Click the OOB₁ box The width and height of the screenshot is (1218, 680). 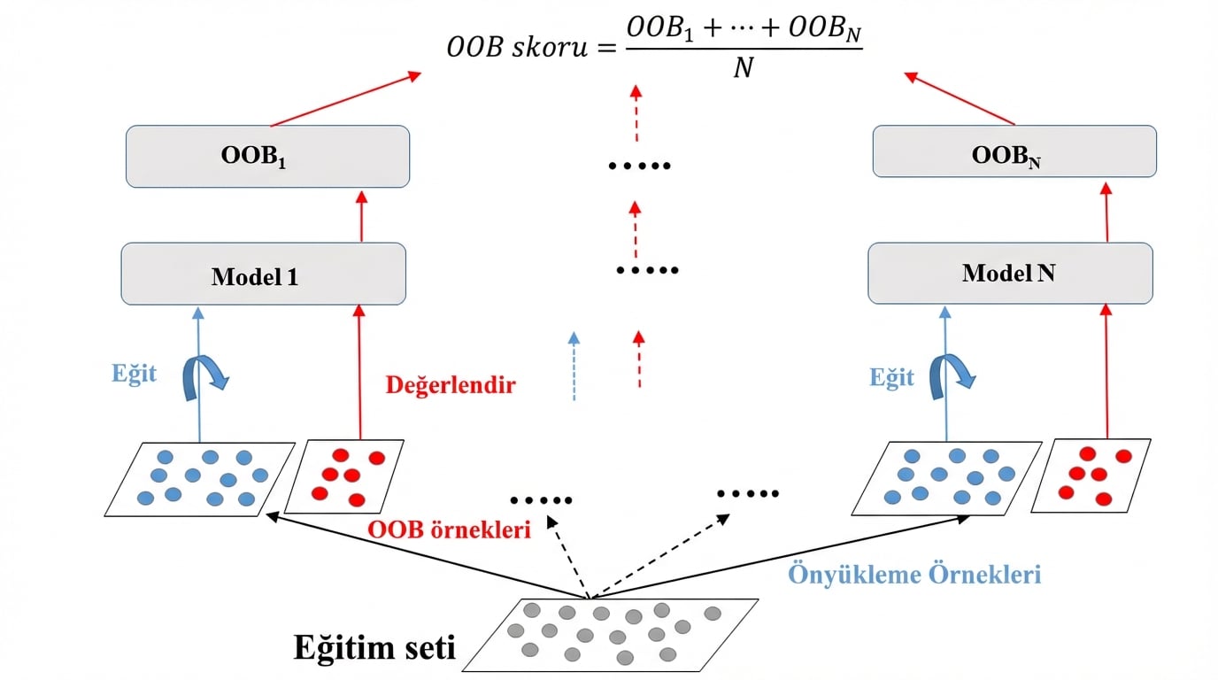click(x=267, y=156)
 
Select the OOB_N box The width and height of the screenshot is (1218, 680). click(x=1014, y=151)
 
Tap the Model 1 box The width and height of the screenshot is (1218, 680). click(x=263, y=274)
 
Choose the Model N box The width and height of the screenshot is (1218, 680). click(x=1010, y=274)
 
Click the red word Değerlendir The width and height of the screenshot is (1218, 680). click(x=450, y=386)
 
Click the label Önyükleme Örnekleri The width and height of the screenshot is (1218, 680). click(x=914, y=574)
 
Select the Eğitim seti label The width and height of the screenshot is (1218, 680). click(x=374, y=648)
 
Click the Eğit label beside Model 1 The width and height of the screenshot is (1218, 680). click(x=134, y=374)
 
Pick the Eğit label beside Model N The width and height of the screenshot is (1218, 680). click(x=890, y=378)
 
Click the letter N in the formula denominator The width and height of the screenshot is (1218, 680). click(x=743, y=68)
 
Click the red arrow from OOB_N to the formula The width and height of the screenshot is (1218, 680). click(x=960, y=98)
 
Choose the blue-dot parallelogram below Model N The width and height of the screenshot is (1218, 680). click(x=946, y=478)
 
